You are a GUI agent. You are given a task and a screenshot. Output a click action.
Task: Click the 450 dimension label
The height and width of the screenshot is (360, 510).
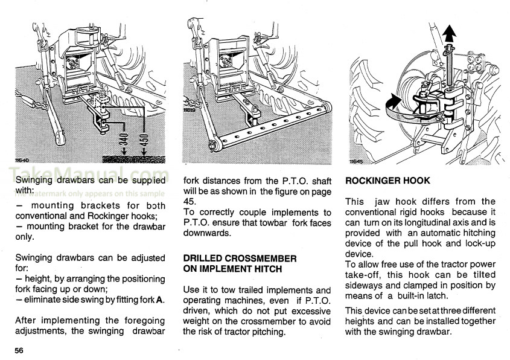pos(144,140)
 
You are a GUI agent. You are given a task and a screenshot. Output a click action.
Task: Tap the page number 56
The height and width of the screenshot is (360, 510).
pos(19,350)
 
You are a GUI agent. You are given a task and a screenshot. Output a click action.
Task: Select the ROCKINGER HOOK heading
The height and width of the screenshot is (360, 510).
pos(387,181)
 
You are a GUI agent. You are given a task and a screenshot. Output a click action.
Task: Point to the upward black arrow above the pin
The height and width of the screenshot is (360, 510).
pos(449,34)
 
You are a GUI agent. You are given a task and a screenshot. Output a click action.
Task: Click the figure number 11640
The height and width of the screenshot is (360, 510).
pos(22,160)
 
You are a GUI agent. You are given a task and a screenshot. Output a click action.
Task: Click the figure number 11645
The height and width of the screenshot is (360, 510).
pos(357,161)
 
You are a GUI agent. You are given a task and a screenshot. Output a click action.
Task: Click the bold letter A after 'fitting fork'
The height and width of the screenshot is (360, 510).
pos(159,300)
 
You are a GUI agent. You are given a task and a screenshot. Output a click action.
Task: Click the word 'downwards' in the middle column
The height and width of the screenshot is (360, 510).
pos(206,233)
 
